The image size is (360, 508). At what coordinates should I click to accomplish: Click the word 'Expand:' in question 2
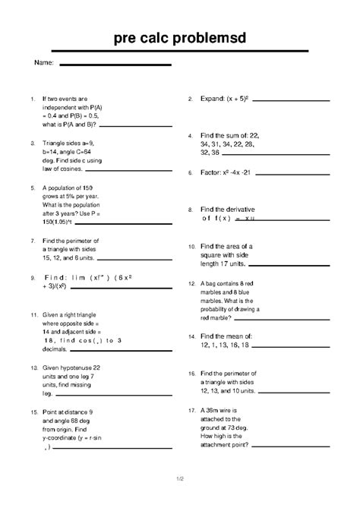point(212,99)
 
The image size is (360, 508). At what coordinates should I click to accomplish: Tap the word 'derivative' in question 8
point(238,208)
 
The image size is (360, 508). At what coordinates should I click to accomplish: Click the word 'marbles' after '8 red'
point(215,292)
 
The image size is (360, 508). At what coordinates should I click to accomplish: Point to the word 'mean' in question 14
point(231,336)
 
